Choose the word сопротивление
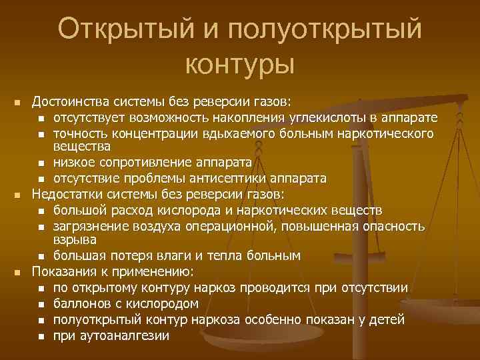tap(157, 163)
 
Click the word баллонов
tap(80, 303)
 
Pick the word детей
tap(387, 319)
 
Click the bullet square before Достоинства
tap(19, 103)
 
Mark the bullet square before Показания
tap(19, 272)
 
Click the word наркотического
tap(392, 133)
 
